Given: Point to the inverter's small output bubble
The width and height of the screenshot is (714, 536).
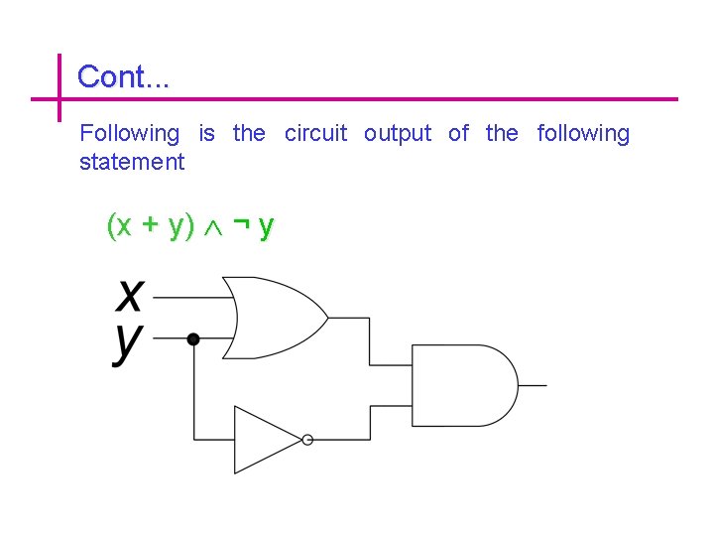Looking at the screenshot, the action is [x=307, y=440].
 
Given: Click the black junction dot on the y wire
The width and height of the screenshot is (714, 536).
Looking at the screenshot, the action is [x=193, y=338].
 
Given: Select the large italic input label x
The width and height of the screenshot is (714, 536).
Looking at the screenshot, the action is [x=130, y=295].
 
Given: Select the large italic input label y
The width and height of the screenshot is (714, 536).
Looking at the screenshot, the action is [x=128, y=343].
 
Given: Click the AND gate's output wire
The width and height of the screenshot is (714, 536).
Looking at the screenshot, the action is [x=533, y=384].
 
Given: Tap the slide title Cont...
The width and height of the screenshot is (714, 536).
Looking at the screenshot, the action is [x=123, y=76].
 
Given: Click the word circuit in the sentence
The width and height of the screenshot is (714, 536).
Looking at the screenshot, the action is [x=315, y=133].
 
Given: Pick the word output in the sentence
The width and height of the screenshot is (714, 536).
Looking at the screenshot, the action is [x=398, y=133].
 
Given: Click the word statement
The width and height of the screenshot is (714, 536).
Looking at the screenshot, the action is [x=132, y=162].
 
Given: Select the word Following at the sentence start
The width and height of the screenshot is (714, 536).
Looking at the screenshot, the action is [x=129, y=133].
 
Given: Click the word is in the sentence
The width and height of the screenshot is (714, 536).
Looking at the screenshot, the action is [x=206, y=133].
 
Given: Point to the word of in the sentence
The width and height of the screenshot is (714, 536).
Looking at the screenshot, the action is [x=458, y=133].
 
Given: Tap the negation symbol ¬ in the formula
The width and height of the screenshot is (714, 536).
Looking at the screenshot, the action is [x=240, y=225].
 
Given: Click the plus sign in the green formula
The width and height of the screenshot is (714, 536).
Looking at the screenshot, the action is [x=151, y=226].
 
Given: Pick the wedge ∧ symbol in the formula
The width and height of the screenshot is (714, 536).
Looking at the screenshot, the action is [x=213, y=227].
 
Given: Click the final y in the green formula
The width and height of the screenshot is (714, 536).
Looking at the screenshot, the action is [x=265, y=228].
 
